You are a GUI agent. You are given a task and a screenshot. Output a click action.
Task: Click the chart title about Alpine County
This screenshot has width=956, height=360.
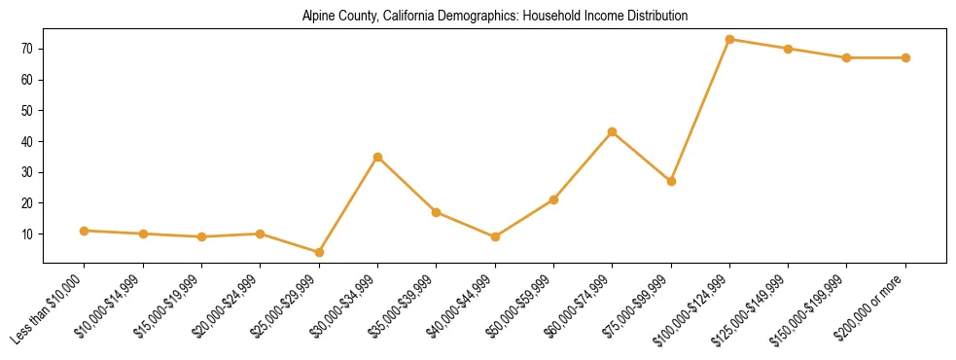[x=495, y=16]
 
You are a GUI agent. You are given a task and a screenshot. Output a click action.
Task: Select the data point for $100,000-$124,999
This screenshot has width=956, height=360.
[x=729, y=39]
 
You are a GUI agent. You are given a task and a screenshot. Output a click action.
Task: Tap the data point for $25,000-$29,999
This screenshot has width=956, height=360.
[x=261, y=252]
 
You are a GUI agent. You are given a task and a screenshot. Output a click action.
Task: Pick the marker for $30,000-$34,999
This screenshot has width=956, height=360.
[x=377, y=157]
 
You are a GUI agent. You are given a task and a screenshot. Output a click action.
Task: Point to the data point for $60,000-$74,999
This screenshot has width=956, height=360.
[x=612, y=131]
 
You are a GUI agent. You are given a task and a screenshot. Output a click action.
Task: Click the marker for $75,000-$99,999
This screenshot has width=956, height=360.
[x=671, y=181]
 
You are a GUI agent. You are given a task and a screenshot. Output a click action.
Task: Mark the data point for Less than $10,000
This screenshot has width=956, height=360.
[x=85, y=231]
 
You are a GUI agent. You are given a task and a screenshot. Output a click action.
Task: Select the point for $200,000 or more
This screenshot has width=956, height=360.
[x=905, y=57]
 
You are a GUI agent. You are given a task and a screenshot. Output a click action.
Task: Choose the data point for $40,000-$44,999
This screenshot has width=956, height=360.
[x=495, y=236]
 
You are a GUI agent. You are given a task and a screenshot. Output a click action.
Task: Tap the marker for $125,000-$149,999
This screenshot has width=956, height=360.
[x=788, y=49]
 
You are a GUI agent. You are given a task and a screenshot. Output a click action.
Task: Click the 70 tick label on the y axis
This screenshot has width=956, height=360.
[x=30, y=49]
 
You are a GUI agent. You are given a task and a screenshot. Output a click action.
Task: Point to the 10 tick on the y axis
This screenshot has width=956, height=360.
[x=30, y=234]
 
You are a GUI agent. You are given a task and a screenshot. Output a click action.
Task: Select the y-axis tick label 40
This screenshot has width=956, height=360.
[x=30, y=141]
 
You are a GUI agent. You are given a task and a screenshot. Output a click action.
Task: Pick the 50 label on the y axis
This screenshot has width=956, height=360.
[x=30, y=110]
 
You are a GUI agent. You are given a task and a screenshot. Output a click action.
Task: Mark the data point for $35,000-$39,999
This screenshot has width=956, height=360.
[x=437, y=212]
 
